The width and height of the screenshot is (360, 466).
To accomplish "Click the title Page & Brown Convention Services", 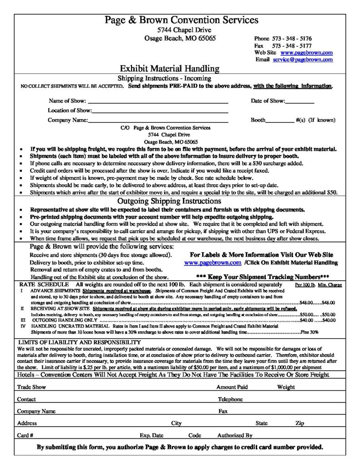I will point(182,20).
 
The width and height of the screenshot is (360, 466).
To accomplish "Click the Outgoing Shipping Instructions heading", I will point(169,201).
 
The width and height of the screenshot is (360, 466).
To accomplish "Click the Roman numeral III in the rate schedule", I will point(22,320).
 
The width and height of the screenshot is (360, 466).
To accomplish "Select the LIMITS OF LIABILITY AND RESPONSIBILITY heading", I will point(79,342).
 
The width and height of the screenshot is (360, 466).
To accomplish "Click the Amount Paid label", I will point(232,387).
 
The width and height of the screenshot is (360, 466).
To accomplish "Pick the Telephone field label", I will point(230,399).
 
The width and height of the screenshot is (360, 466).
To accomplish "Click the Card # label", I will point(25,435).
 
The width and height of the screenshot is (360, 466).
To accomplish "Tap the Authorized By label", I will point(235,435).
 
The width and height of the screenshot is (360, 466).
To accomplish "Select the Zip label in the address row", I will point(299,423).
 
